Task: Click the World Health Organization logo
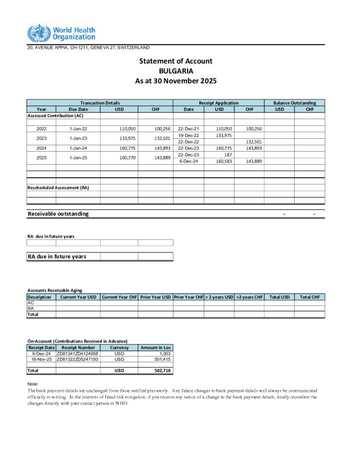61,33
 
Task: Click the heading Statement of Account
176,61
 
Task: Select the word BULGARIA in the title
176,71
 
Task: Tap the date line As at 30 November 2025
176,81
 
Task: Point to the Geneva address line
88,47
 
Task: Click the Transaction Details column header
100,103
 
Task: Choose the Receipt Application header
218,103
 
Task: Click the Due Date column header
78,109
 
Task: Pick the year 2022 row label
41,128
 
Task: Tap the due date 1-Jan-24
78,148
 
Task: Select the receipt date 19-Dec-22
188,135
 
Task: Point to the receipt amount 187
228,155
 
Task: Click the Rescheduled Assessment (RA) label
58,188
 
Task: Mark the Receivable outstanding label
58,214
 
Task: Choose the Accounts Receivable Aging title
55,291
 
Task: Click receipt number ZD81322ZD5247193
78,359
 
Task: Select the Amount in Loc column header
155,348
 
